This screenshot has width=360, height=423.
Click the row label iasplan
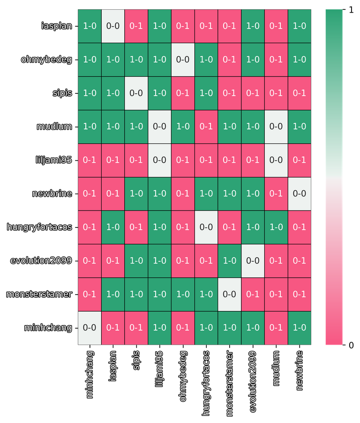tap(57, 26)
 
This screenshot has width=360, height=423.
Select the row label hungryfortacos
tap(39, 227)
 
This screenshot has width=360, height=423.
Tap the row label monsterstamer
tap(39, 295)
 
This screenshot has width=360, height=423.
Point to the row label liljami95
tap(54, 160)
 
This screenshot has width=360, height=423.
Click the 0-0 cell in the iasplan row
tap(112, 26)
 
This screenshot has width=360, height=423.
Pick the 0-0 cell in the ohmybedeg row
tap(183, 60)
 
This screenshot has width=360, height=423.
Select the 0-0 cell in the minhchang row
tap(89, 328)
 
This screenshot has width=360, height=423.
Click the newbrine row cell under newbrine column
tap(300, 194)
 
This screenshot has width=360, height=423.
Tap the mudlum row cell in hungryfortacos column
tap(206, 127)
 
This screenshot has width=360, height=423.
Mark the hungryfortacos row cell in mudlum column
tap(276, 227)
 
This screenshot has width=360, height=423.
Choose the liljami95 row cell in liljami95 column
tap(159, 160)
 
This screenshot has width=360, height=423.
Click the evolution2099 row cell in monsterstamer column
tap(230, 261)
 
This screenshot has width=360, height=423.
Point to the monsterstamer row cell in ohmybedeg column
tap(183, 295)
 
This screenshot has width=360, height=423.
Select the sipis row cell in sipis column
tap(136, 93)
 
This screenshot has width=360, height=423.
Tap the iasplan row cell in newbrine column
tap(300, 26)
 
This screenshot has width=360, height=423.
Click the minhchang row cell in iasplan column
tap(112, 328)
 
